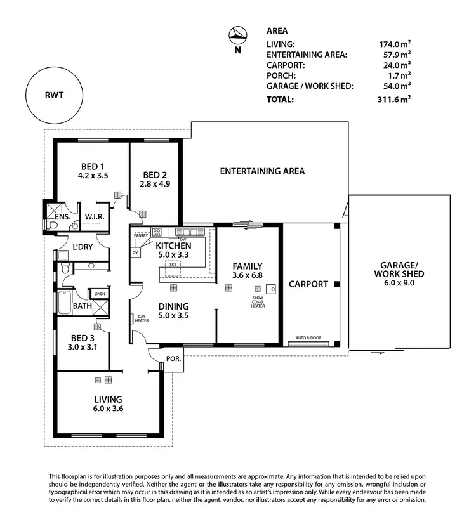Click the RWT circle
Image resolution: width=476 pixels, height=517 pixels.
tap(55, 96)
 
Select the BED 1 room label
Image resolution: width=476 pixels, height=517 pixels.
tap(93, 167)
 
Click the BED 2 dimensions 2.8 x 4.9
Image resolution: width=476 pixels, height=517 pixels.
tap(155, 185)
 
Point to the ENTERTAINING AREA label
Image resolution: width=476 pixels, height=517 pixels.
tap(262, 171)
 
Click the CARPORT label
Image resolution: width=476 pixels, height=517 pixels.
tap(308, 284)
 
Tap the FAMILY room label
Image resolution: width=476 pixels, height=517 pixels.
tap(247, 266)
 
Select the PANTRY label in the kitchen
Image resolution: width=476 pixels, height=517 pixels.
tap(141, 235)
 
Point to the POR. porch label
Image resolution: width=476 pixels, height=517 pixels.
tap(173, 358)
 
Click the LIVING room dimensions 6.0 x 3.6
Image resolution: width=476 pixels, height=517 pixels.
tap(108, 409)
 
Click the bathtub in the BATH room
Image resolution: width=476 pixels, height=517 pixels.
tap(64, 305)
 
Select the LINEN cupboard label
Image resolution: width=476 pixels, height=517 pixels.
tap(99, 294)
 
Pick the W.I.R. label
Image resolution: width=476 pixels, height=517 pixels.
tap(95, 217)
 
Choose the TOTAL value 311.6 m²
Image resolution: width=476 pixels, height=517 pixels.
tap(393, 100)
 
